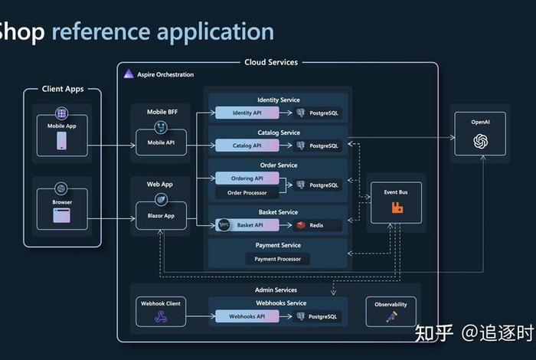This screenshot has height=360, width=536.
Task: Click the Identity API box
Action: [247, 113]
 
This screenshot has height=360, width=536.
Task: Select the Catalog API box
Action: [247, 145]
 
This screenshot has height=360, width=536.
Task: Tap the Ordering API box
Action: [247, 178]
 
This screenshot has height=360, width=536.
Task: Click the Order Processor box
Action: [247, 192]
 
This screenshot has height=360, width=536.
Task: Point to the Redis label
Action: [317, 225]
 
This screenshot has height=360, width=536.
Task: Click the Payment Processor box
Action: [278, 259]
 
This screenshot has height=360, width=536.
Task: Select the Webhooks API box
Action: [247, 316]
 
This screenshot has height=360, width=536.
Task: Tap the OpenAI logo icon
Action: [480, 140]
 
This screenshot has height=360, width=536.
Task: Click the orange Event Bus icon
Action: [397, 208]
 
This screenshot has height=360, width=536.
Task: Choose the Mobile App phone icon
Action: [62, 142]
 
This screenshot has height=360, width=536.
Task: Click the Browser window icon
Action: [62, 216]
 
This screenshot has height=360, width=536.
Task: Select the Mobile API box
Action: [161, 142]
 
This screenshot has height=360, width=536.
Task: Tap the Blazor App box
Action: [161, 215]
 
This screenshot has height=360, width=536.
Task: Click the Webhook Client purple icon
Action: [160, 317]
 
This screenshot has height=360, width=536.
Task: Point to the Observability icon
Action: [391, 316]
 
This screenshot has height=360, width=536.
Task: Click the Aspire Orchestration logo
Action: [128, 74]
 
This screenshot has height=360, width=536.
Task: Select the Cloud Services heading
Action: [271, 62]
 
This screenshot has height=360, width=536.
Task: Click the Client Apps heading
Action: [63, 89]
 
